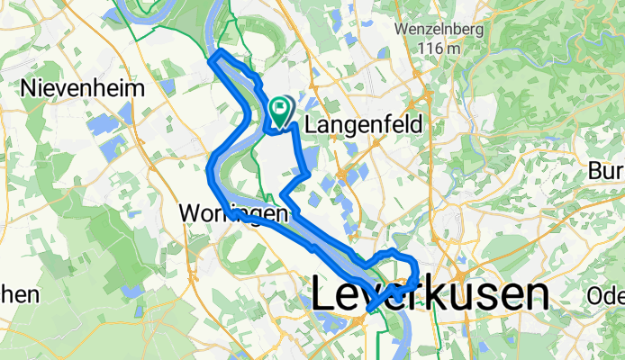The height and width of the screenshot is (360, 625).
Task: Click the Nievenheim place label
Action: point(81,88)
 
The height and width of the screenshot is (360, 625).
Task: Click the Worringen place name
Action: point(233,214)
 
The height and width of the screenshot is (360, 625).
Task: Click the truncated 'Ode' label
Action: point(606,295)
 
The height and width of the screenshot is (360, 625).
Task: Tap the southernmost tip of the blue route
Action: point(369,310)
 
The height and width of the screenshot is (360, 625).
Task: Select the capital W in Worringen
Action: point(190,214)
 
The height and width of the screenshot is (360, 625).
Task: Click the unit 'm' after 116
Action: point(462,48)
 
